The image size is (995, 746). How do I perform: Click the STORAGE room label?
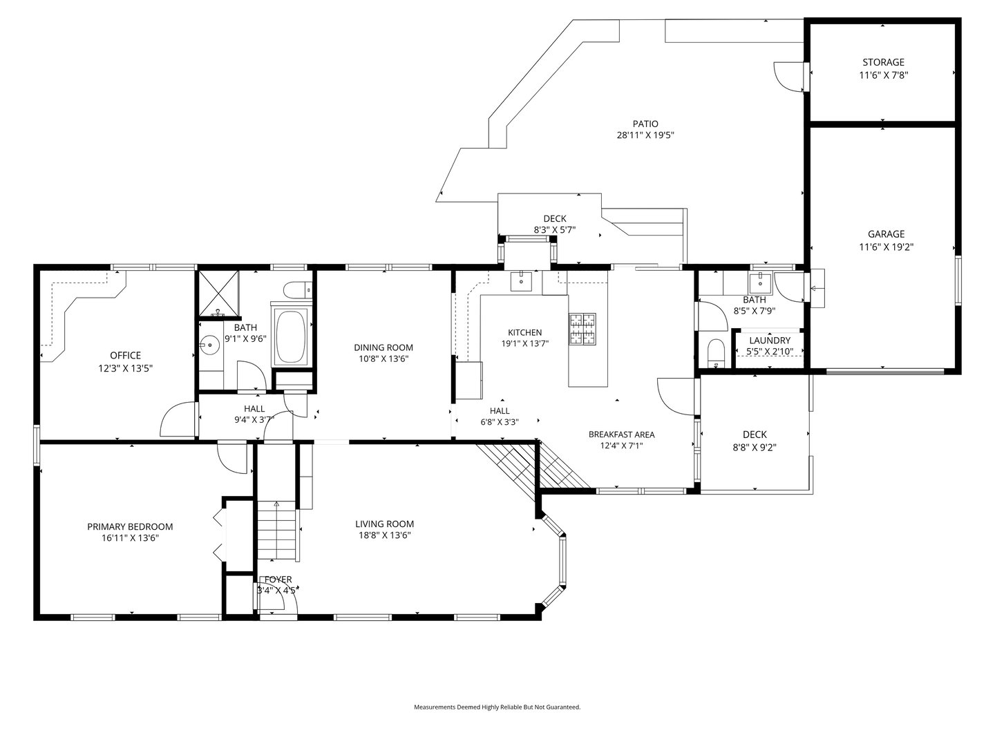coord(882,62)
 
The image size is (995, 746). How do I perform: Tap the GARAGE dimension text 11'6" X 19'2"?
coord(887,247)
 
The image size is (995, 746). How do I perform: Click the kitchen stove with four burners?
coord(582,329)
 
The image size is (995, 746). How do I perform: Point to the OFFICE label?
coord(125,356)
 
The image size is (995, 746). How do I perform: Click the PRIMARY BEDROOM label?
coord(130,526)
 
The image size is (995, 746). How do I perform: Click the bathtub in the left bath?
coord(291,337)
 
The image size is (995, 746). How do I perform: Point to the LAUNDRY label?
coord(769,341)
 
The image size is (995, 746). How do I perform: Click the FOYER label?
coord(278,580)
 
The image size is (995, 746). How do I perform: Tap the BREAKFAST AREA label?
coord(621,434)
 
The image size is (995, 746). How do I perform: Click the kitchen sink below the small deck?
coord(520,280)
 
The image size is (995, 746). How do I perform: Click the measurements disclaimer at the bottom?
coord(497,707)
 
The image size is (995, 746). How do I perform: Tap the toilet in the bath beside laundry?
coord(716,352)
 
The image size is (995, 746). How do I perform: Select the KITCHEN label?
coord(524,332)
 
